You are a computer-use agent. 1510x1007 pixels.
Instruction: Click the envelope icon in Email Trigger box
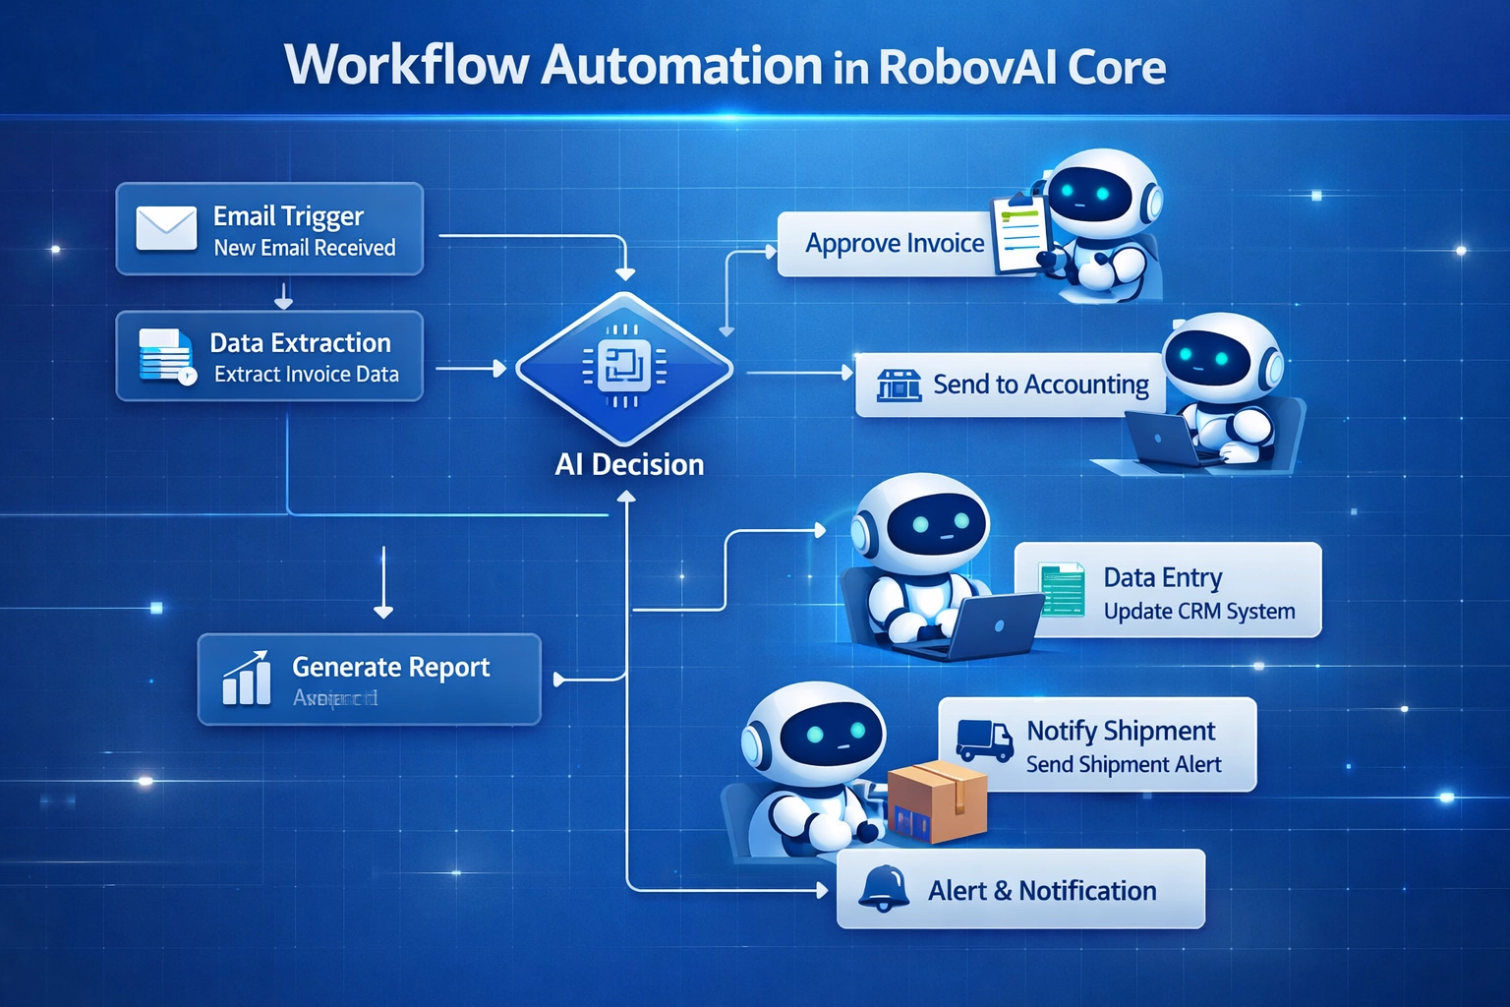pyautogui.click(x=166, y=228)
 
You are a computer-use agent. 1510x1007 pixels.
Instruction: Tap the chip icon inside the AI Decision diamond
pyautogui.click(x=623, y=367)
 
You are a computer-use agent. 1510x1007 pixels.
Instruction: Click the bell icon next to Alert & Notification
pyautogui.click(x=883, y=889)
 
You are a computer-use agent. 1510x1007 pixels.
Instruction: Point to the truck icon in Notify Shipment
pyautogui.click(x=984, y=740)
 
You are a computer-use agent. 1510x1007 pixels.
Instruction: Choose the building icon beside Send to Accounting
pyautogui.click(x=898, y=385)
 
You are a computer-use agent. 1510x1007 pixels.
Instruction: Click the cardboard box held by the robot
pyautogui.click(x=938, y=800)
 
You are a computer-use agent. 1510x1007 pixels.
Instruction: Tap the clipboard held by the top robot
pyautogui.click(x=1020, y=232)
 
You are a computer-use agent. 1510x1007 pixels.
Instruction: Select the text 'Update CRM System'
pyautogui.click(x=1198, y=612)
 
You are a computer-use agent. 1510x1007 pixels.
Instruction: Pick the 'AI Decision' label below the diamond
pyautogui.click(x=629, y=464)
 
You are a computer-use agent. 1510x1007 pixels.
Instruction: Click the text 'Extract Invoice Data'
pyautogui.click(x=307, y=375)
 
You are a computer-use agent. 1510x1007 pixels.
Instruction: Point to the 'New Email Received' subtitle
pyautogui.click(x=305, y=248)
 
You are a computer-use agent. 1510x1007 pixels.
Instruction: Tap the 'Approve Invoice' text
pyautogui.click(x=895, y=243)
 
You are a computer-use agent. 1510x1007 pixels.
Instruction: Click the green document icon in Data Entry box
pyautogui.click(x=1062, y=590)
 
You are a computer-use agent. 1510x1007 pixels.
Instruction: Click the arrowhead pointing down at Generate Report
pyautogui.click(x=383, y=612)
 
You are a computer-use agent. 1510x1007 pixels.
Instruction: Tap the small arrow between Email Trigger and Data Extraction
pyautogui.click(x=283, y=296)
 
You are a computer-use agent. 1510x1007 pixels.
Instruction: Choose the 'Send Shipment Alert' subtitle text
pyautogui.click(x=1124, y=765)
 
